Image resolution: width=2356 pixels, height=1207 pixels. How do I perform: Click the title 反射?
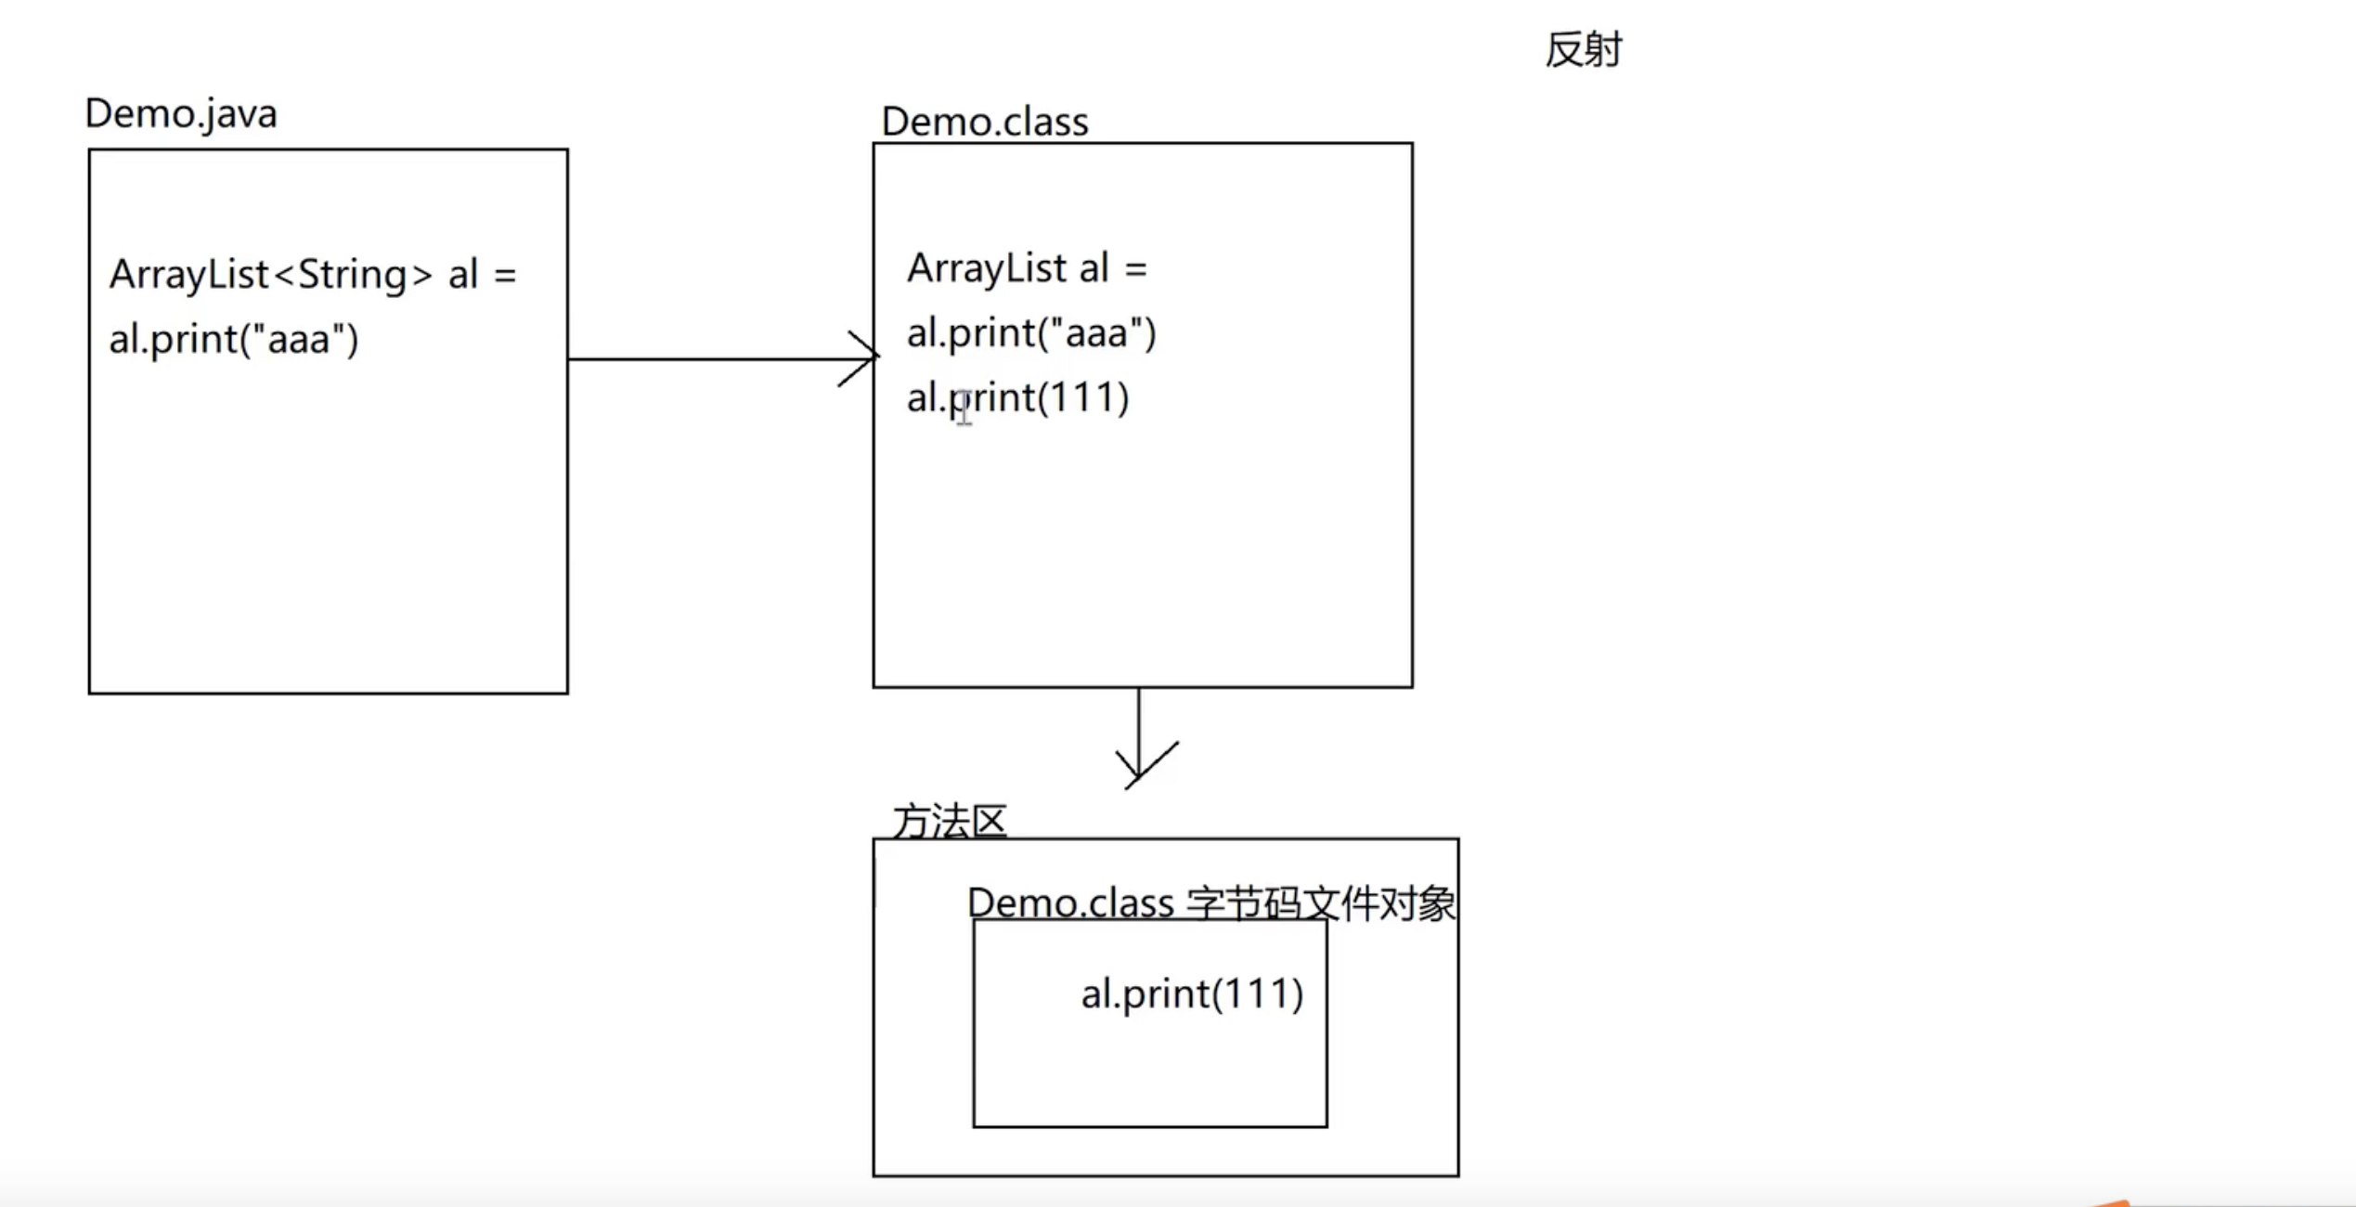tap(1584, 50)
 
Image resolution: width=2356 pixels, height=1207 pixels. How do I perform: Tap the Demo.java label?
tap(181, 114)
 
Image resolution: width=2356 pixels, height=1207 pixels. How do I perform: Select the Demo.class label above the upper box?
tap(984, 122)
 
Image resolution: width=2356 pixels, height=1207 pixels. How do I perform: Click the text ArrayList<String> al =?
tap(312, 275)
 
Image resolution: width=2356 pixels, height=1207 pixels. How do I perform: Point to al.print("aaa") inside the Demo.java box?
tap(233, 339)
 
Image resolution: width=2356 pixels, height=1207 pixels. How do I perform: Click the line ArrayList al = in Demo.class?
tap(1027, 268)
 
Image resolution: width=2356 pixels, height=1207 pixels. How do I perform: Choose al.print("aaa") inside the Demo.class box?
tap(1030, 333)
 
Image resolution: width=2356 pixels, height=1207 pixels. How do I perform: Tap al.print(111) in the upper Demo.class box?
tap(1017, 398)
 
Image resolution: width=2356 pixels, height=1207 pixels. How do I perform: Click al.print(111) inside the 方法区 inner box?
tap(1192, 994)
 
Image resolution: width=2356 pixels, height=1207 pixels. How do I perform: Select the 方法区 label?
tap(950, 821)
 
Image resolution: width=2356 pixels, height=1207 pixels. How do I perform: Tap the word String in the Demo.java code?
tap(353, 275)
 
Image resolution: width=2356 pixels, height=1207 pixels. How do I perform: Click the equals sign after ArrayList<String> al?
tap(505, 276)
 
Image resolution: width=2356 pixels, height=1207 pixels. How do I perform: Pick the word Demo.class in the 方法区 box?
tap(1070, 903)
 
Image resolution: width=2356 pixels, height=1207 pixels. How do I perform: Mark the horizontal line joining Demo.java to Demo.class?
tap(706, 358)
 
